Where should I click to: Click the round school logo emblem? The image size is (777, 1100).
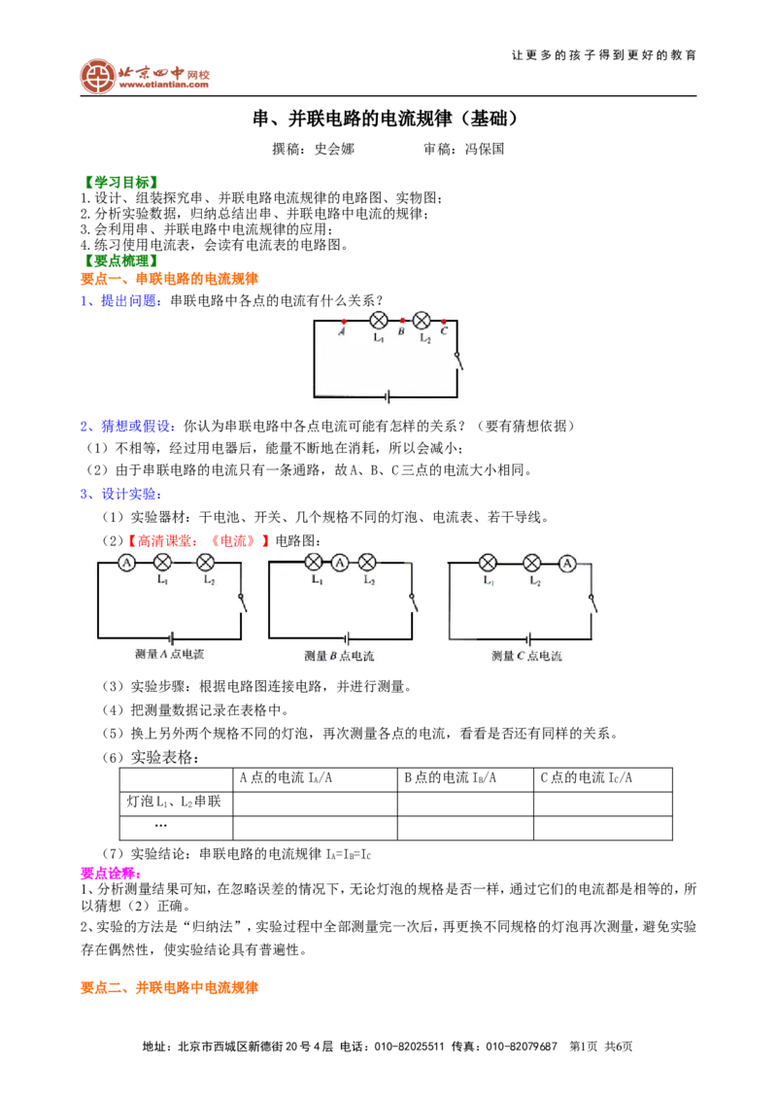click(97, 77)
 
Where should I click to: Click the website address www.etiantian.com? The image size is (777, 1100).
click(164, 85)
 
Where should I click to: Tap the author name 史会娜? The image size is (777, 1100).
click(334, 149)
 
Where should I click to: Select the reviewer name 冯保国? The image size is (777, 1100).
click(485, 149)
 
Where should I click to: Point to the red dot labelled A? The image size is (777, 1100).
click(344, 322)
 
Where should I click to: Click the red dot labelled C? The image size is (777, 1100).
click(444, 322)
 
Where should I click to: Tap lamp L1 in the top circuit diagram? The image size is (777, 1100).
click(379, 321)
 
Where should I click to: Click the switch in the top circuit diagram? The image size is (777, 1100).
click(458, 361)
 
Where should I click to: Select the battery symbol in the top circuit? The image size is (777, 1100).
click(388, 397)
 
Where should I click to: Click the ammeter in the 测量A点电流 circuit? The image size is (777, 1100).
click(126, 563)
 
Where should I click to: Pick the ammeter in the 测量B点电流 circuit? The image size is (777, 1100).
click(340, 563)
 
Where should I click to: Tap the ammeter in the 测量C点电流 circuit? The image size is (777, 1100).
click(567, 563)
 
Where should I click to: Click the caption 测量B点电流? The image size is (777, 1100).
click(339, 656)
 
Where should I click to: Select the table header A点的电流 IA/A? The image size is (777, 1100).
click(286, 778)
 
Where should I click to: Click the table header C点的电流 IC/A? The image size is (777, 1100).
click(587, 778)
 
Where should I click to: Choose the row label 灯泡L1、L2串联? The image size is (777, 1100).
click(174, 802)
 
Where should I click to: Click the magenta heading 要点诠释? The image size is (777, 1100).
click(111, 874)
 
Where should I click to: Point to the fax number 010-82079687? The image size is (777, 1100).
click(522, 1047)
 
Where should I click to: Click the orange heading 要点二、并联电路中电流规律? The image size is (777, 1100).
click(169, 987)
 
